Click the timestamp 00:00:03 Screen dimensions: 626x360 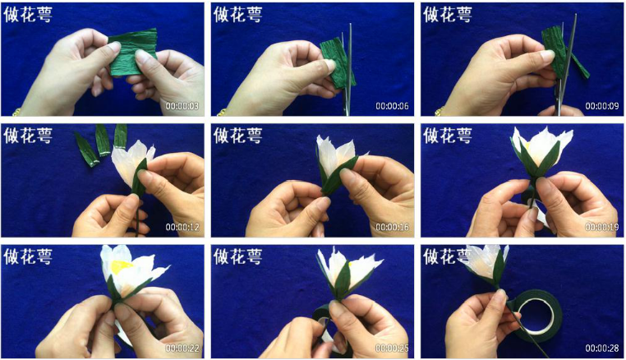click(x=182, y=106)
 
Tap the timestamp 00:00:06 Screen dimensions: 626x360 click(x=392, y=106)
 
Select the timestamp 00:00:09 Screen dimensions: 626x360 click(x=602, y=106)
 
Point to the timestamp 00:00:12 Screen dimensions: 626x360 click(x=182, y=227)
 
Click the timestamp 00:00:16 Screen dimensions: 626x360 click(x=392, y=227)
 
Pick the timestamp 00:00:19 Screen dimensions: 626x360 click(x=602, y=227)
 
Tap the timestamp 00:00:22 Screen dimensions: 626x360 click(x=182, y=348)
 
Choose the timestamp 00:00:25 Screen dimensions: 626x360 click(x=392, y=348)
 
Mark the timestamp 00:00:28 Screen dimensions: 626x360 click(x=602, y=348)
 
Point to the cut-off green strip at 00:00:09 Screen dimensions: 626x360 click(x=579, y=65)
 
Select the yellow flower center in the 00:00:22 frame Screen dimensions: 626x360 click(x=121, y=267)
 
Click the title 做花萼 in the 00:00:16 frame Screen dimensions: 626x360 click(x=238, y=136)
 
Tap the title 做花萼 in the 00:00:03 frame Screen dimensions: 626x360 click(x=28, y=15)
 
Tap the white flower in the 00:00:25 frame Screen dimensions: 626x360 click(x=348, y=272)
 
